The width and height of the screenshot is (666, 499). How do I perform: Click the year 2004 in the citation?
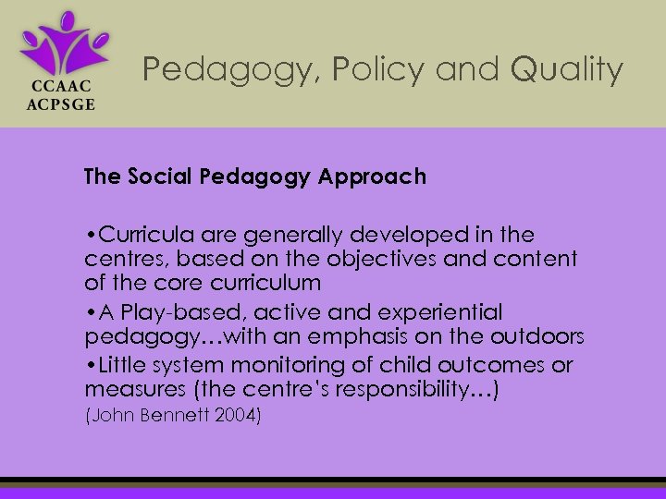point(239,416)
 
